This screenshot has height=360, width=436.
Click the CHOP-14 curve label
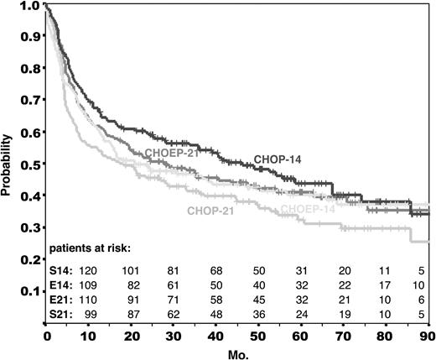pos(281,160)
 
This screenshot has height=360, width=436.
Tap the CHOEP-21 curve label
pos(173,153)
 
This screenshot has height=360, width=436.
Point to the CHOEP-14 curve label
pos(309,209)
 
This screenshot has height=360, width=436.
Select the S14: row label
pos(61,270)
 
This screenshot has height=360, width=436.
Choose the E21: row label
pos(61,299)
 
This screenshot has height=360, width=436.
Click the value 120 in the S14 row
pos(87,270)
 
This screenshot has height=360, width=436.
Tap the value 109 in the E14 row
pos(87,284)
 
